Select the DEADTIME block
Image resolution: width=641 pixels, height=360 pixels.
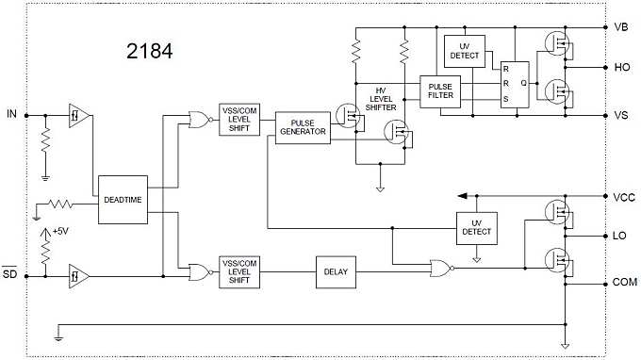point(123,199)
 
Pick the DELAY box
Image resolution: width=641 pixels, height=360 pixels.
point(336,273)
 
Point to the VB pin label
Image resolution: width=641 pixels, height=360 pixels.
point(620,27)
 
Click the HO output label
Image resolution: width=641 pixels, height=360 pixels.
point(620,68)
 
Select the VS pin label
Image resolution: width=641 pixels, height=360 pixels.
point(620,115)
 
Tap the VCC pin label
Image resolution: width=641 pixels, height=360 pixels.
point(622,197)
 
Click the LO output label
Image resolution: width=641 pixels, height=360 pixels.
point(620,236)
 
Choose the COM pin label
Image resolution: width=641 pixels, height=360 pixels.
point(623,282)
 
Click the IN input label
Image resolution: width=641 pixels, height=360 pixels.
point(11,114)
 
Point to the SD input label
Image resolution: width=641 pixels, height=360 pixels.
point(11,275)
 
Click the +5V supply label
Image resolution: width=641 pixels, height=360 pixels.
point(60,231)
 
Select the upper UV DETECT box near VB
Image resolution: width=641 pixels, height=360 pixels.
point(470,51)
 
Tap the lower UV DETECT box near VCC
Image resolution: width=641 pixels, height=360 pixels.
point(476,226)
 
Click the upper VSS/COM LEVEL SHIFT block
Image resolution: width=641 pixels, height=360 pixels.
point(238,120)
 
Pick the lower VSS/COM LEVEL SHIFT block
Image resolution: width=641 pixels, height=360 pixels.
point(238,273)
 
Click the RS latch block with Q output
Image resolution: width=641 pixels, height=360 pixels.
point(515,82)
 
